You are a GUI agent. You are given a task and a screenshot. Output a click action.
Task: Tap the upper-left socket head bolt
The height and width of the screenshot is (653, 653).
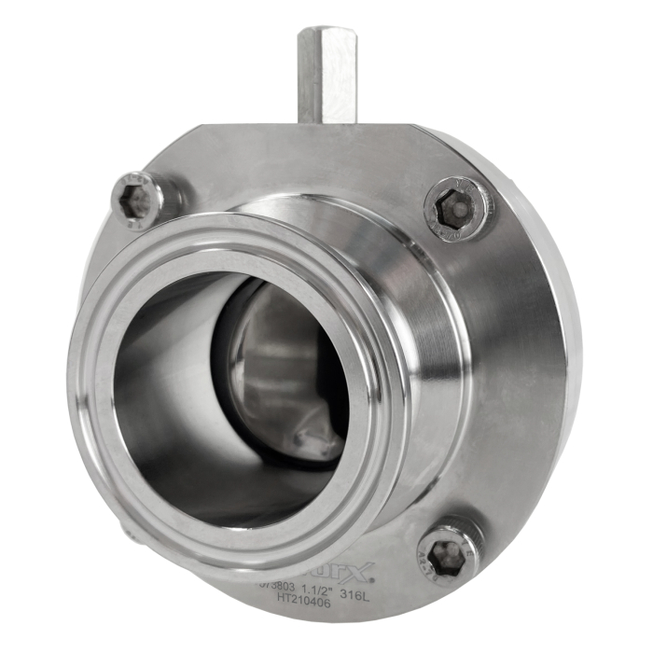pyautogui.click(x=137, y=200)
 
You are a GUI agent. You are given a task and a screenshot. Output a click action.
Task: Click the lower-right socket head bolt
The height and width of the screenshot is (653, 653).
pyautogui.click(x=449, y=552)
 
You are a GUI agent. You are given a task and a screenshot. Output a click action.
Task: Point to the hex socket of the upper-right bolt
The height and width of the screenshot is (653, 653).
pyautogui.click(x=455, y=209)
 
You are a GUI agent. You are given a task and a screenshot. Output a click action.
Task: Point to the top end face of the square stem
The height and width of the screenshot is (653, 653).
pyautogui.click(x=326, y=33)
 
